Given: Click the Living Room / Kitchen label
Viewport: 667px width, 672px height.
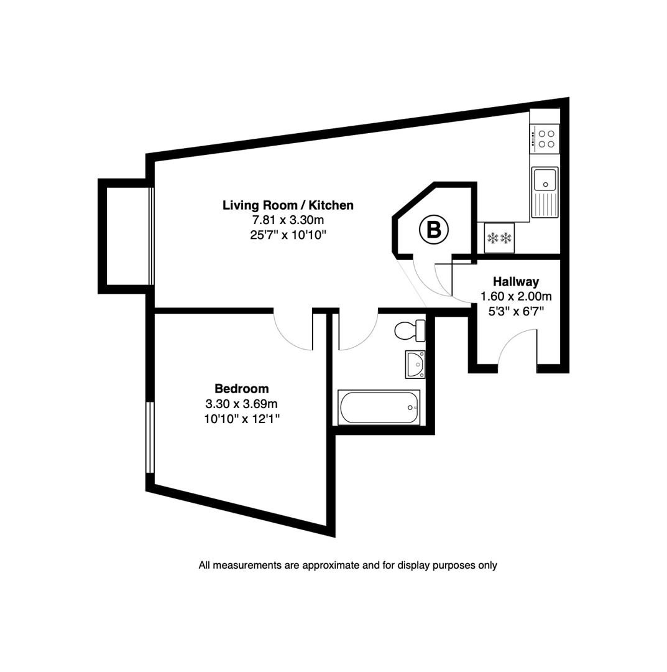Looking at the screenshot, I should [288, 205].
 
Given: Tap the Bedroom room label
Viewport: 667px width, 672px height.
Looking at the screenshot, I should [242, 389].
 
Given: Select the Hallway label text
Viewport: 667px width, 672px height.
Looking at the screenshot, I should [515, 282].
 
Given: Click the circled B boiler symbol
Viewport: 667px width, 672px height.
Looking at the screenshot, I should [433, 230].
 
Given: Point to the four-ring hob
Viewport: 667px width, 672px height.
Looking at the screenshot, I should [545, 138].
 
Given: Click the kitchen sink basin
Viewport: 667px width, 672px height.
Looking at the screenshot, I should [545, 179].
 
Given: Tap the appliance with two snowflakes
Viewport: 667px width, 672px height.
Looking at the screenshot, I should [499, 238].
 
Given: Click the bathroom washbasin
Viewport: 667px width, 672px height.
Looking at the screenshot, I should [415, 364].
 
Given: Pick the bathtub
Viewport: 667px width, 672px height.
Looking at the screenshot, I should [379, 407].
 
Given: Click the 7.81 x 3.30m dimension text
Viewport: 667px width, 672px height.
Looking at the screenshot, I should [288, 220].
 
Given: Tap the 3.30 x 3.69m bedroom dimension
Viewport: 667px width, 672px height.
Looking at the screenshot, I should [242, 404].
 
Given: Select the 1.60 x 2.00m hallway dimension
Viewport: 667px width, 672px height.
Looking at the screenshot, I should [516, 297].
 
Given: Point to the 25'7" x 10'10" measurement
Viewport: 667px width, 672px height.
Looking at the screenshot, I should [288, 235].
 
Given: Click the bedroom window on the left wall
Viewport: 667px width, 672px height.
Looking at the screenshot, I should [149, 437].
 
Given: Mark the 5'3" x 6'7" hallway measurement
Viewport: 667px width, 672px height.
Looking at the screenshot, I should [516, 312].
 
